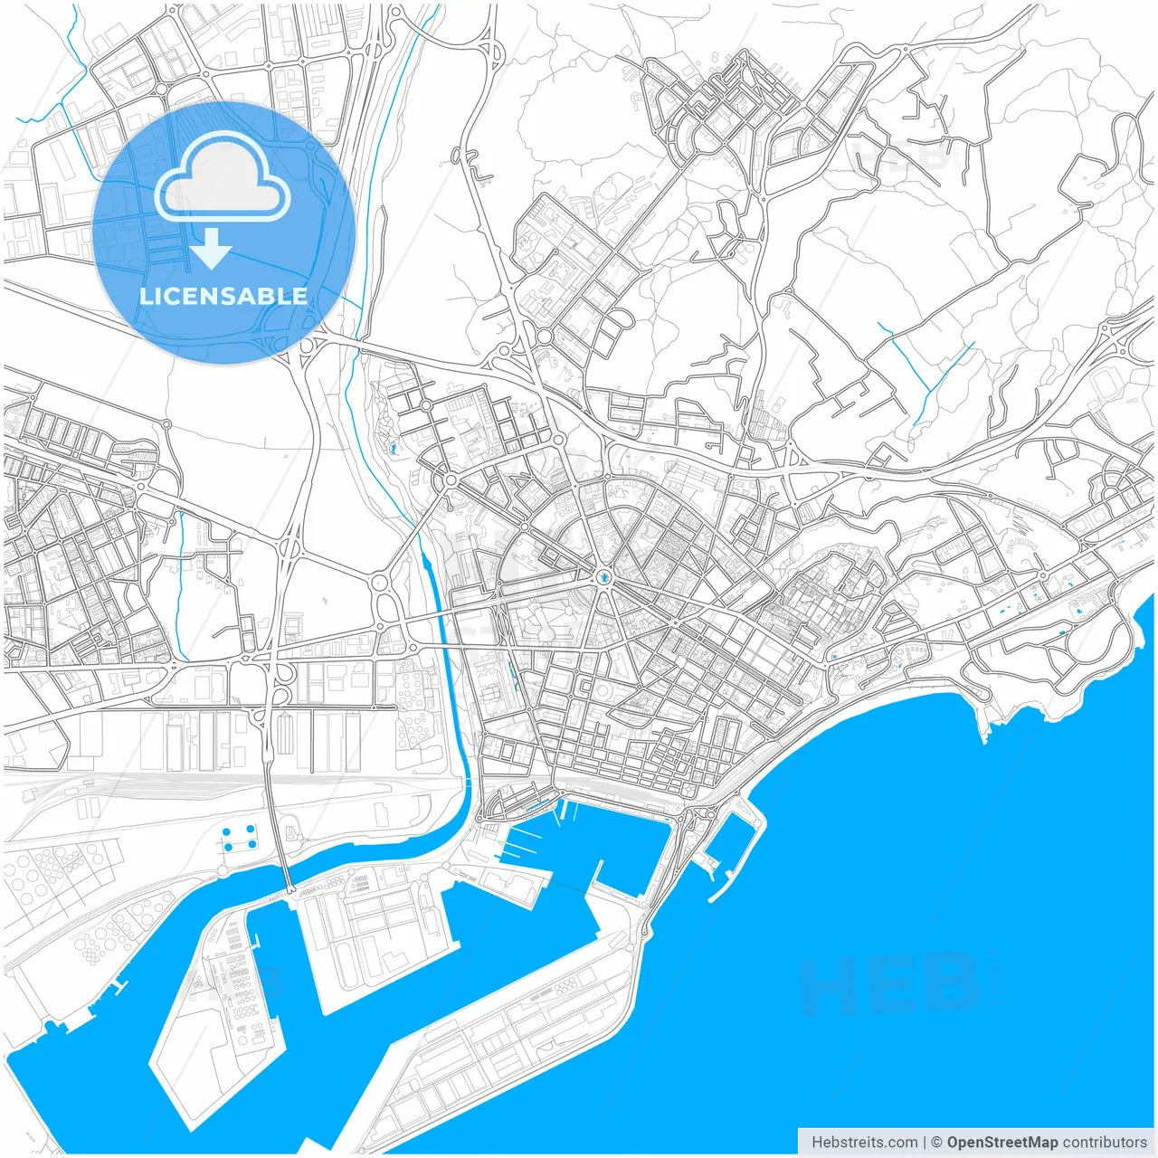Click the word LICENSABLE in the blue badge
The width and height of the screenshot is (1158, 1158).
pos(223,296)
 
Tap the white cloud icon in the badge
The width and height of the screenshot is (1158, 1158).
pos(223,178)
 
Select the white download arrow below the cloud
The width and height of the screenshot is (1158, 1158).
pos(212,248)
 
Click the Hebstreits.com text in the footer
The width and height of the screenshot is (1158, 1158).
pos(863,1143)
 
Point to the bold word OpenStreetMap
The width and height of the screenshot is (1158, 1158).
pos(1002,1143)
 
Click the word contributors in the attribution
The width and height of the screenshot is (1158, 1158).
pos(1105,1143)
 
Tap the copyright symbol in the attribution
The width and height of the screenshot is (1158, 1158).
pos(937,1143)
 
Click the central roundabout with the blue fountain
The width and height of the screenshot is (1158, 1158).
pos(603,577)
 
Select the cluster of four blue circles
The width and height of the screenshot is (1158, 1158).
pos(239,838)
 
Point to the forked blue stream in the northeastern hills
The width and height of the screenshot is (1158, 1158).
pos(932,380)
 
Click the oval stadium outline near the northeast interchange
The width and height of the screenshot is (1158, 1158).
pos(1106,385)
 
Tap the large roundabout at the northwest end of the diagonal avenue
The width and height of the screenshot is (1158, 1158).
pos(451,479)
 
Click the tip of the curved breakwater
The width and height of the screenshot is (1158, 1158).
pos(712,899)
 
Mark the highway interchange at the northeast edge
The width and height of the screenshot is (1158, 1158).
pos(1122,344)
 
